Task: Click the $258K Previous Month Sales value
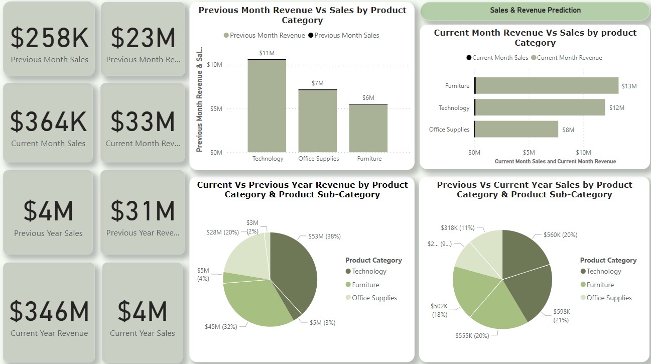[49, 38]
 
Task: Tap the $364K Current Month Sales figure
[49, 122]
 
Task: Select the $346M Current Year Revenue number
[49, 311]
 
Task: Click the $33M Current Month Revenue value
[143, 122]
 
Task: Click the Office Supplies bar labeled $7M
[318, 121]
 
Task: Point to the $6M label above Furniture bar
[368, 98]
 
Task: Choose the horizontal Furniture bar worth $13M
[547, 86]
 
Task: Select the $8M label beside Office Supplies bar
[568, 130]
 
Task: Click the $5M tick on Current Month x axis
[529, 152]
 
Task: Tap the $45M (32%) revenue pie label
[220, 327]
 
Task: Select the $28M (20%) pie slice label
[223, 232]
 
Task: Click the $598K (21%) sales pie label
[562, 315]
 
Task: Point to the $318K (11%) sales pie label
[457, 228]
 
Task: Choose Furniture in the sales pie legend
[600, 285]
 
